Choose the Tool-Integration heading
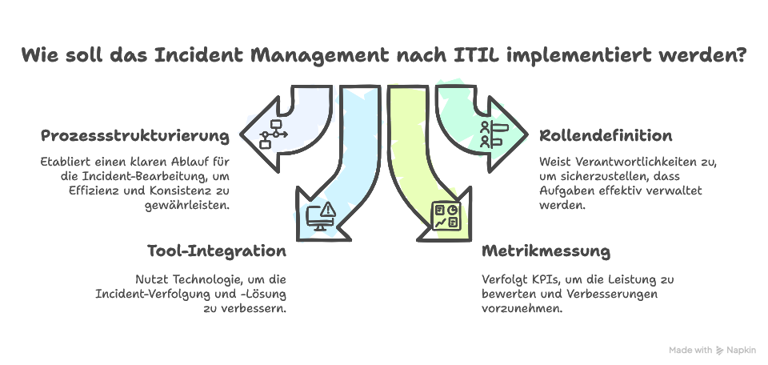[217, 251]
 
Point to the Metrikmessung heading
[546, 251]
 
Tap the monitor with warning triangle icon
[322, 216]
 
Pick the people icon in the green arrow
[490, 134]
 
